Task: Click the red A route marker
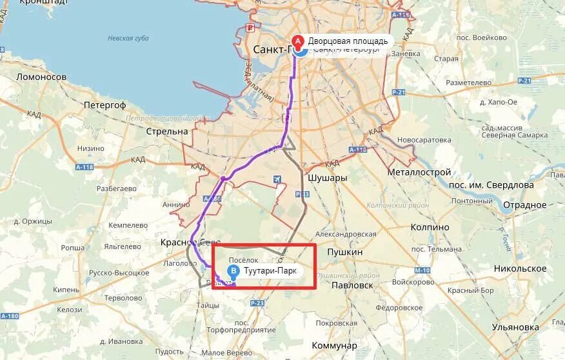tap(297, 40)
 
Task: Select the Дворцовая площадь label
tap(348, 41)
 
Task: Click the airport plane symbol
tap(277, 179)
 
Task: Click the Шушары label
tap(328, 178)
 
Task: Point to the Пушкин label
tap(345, 252)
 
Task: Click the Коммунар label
tap(334, 346)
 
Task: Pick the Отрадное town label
tap(524, 205)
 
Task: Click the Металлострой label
tap(419, 173)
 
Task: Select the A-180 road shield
tap(10, 316)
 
